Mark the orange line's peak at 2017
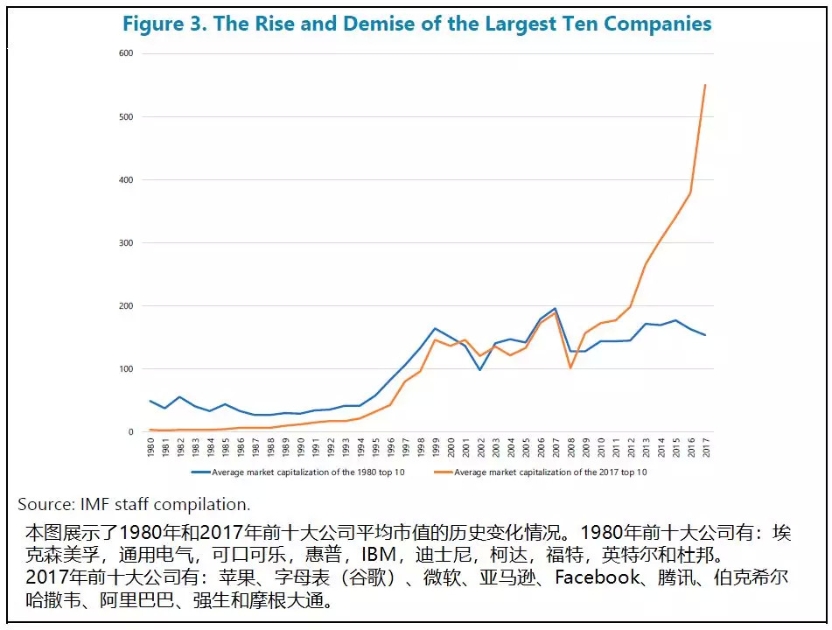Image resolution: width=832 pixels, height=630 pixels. pos(705,85)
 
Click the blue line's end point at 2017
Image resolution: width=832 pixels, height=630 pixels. pos(705,335)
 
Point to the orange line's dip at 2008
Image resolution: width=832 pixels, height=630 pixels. pos(570,367)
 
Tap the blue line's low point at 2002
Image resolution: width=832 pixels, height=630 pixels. pos(480,370)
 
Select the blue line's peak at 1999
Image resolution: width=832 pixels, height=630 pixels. pos(435,328)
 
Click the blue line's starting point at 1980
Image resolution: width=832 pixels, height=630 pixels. pos(150,401)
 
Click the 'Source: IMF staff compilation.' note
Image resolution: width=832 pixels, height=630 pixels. pos(134,504)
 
